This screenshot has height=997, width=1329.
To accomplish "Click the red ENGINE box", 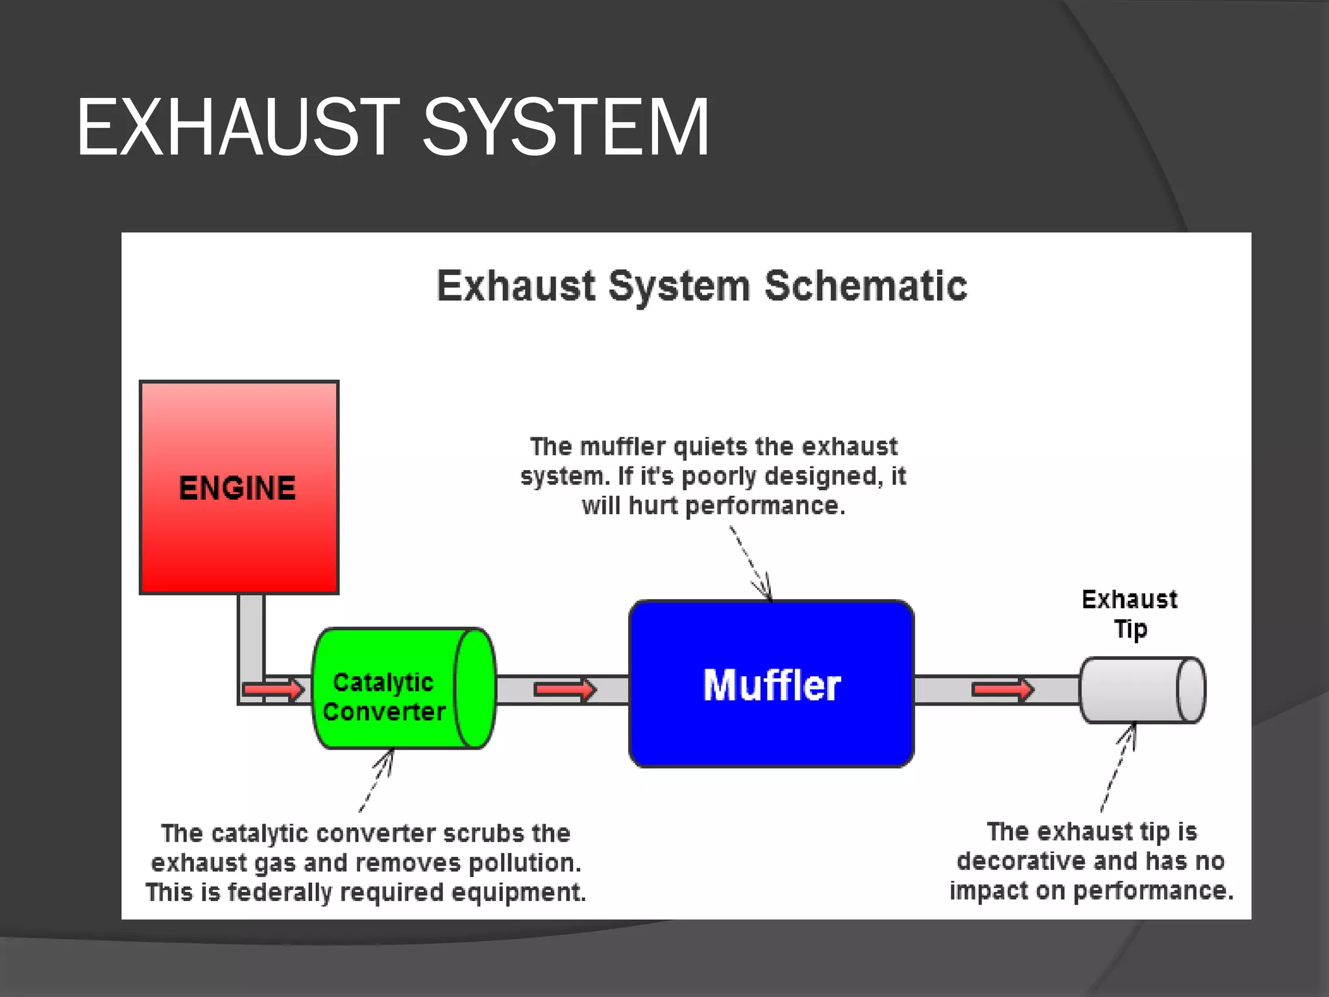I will coord(239,487).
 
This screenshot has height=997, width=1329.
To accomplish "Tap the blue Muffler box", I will coord(771,685).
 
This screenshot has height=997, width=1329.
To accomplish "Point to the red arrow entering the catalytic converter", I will coord(273,689).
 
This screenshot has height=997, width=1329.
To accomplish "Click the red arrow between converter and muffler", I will coord(564,689).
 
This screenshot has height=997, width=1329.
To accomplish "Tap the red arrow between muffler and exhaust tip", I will coord(1002,689).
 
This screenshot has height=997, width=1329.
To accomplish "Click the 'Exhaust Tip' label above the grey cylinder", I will coord(1129,614).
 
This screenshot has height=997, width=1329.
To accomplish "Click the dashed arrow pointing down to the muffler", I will coord(751,562).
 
